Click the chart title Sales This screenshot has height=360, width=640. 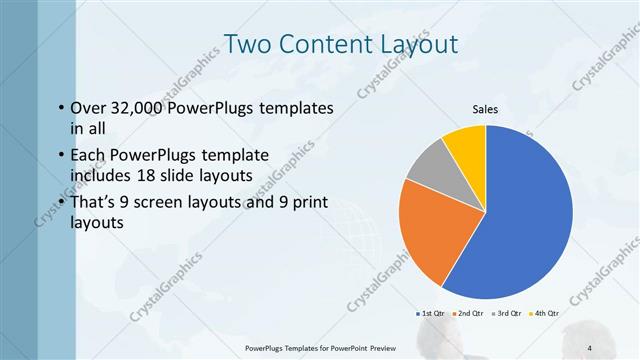[485, 109]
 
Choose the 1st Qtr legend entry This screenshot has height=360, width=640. [432, 313]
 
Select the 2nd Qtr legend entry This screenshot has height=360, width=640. [469, 313]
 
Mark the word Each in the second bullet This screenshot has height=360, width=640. [86, 155]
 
